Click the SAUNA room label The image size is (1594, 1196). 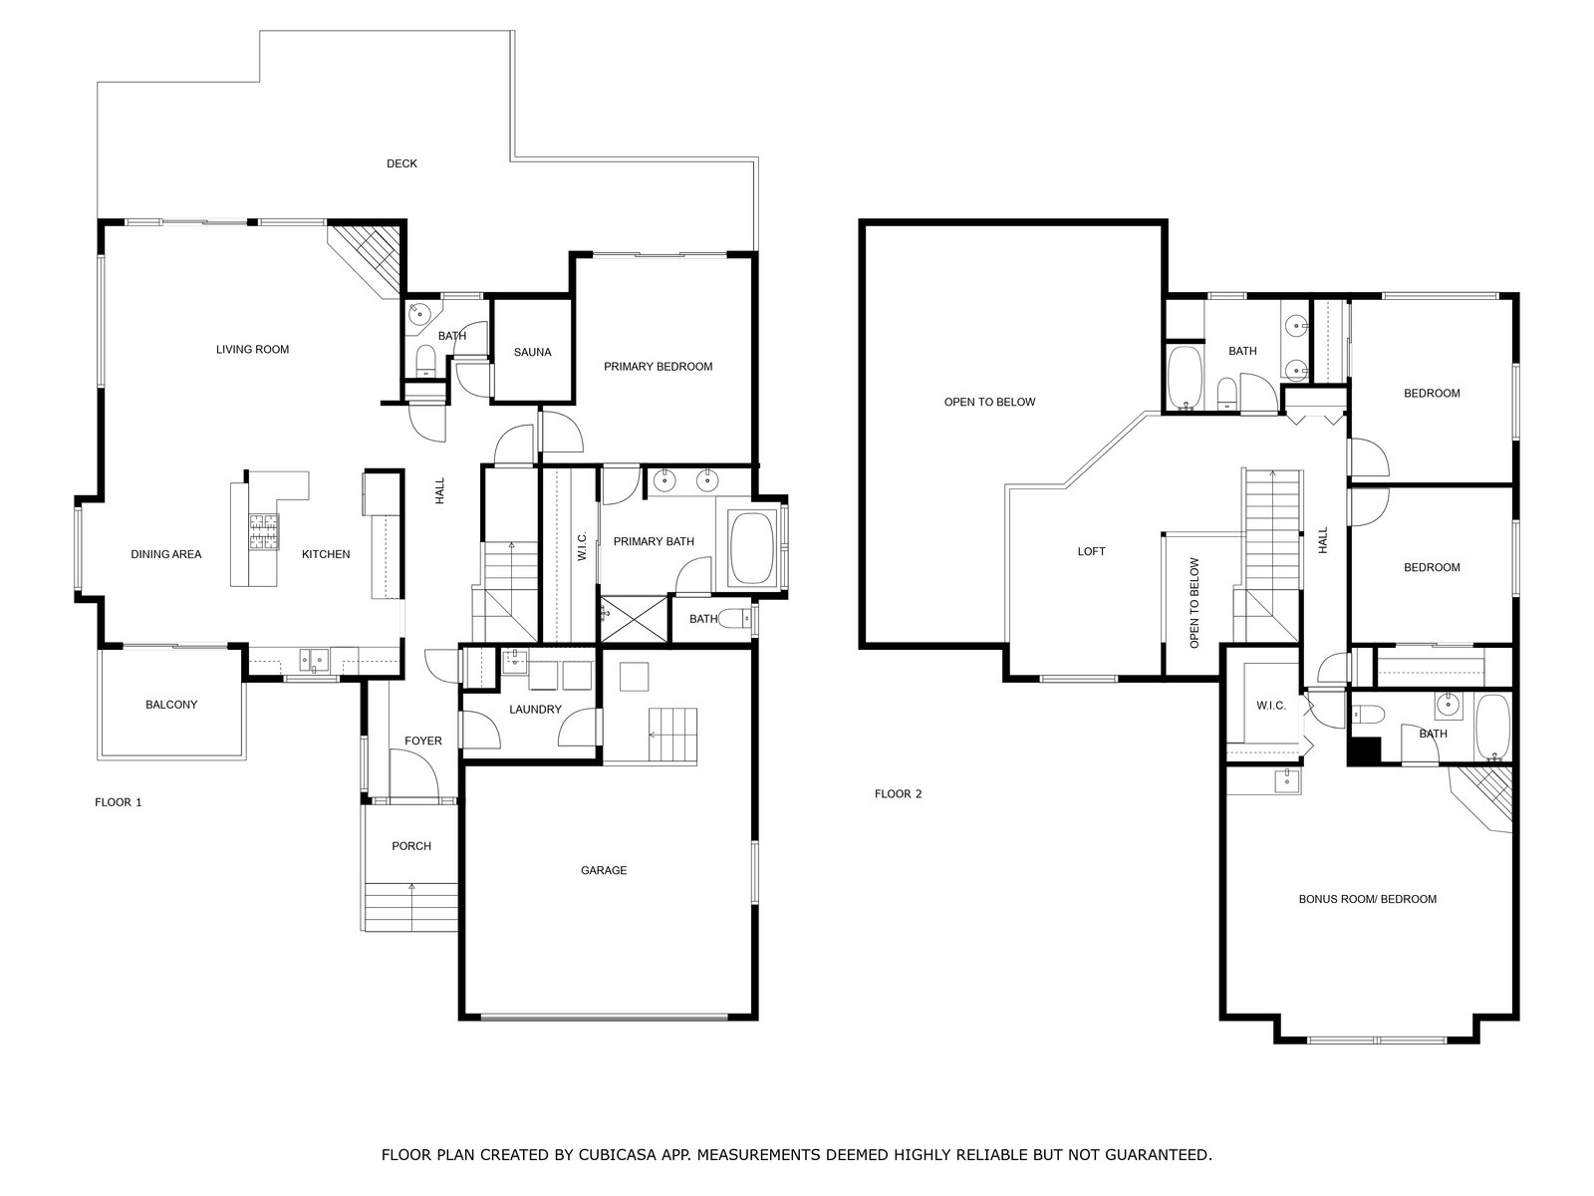[x=532, y=352]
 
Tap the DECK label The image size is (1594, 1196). [x=401, y=164]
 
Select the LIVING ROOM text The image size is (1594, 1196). [x=252, y=349]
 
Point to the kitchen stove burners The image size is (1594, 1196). [x=264, y=531]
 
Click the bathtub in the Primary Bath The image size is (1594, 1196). [x=751, y=548]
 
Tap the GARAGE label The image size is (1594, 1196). [x=604, y=870]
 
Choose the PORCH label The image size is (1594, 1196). [x=411, y=846]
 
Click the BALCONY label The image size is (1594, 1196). [x=171, y=705]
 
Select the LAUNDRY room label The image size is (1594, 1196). [x=535, y=710]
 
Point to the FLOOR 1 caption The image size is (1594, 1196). [x=119, y=802]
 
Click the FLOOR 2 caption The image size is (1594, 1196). [x=899, y=793]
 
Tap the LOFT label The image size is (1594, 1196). [x=1092, y=552]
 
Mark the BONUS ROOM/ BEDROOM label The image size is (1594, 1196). [x=1368, y=899]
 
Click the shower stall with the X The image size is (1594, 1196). [x=634, y=618]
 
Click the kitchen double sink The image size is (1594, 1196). [x=315, y=660]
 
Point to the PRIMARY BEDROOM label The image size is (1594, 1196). [x=658, y=367]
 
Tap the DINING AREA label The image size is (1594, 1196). [x=166, y=554]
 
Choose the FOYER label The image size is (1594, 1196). [x=423, y=741]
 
